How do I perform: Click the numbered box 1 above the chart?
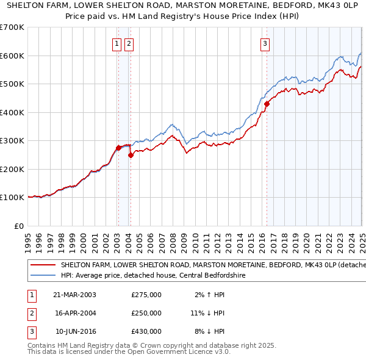(x=117, y=43)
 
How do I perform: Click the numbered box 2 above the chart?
(x=129, y=43)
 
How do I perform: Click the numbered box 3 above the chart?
(x=265, y=43)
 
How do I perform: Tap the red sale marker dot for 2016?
(x=267, y=104)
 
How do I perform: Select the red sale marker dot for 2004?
(x=131, y=155)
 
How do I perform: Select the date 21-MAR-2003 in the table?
(x=74, y=295)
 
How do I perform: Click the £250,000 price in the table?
(x=146, y=313)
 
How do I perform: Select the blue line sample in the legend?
(x=43, y=275)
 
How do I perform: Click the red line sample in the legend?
(x=43, y=265)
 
